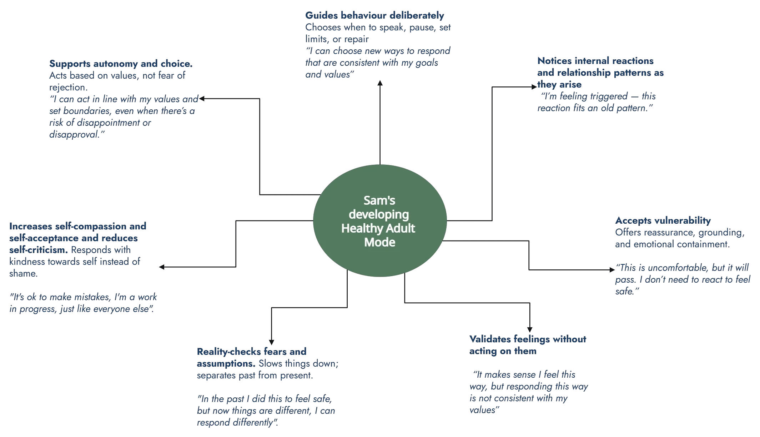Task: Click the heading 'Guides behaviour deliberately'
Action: [x=374, y=16]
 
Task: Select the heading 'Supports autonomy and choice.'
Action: [x=121, y=64]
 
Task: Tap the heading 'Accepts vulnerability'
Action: [x=663, y=220]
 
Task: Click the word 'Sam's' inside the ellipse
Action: [x=379, y=200]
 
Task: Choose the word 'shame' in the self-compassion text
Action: [x=22, y=274]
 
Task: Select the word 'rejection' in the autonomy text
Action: [x=67, y=88]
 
